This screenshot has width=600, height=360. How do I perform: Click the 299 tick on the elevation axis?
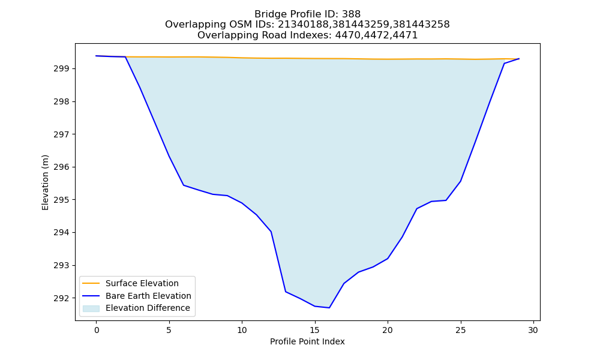click(61, 69)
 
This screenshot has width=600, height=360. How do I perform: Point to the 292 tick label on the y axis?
click(61, 298)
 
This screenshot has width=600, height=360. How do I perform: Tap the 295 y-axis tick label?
click(61, 200)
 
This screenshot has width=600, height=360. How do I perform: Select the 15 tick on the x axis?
click(315, 330)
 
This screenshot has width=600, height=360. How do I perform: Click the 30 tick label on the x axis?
click(533, 330)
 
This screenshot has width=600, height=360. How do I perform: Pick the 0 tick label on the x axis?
click(97, 330)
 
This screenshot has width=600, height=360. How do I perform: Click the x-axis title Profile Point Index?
click(307, 341)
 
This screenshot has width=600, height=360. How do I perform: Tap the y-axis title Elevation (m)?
click(45, 182)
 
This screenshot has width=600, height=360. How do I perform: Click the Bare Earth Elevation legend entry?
click(137, 296)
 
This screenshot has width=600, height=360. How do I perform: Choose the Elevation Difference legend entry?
click(136, 308)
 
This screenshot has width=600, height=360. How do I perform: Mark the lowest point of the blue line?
click(329, 308)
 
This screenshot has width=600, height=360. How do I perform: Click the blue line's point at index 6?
click(184, 185)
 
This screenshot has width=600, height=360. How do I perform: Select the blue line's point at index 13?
click(286, 292)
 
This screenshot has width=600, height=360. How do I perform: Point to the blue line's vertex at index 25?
click(460, 181)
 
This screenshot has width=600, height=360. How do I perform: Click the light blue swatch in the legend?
click(91, 308)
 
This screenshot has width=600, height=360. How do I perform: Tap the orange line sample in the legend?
click(91, 283)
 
